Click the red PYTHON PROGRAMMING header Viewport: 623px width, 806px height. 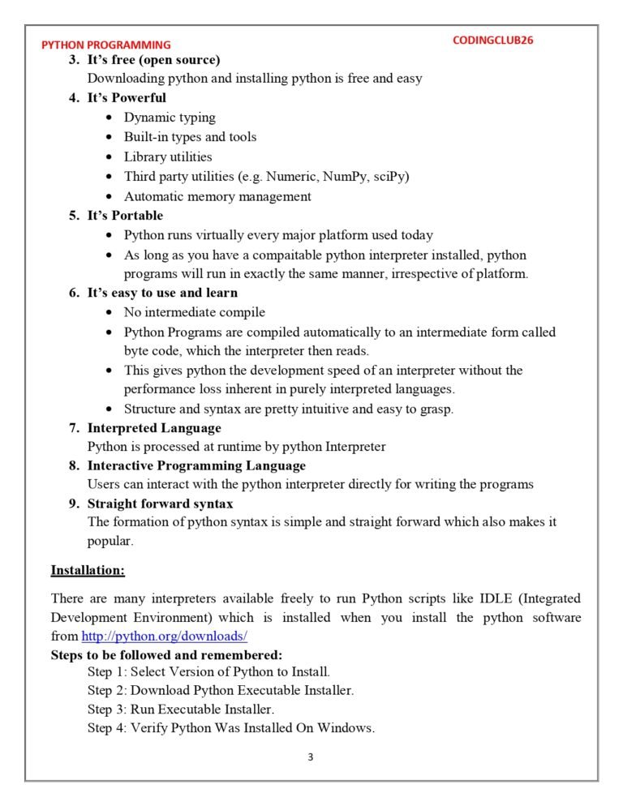(x=106, y=45)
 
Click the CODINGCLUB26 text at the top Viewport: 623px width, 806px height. (x=493, y=40)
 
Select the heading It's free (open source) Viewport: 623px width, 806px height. (x=153, y=60)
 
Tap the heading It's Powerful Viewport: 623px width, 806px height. (x=127, y=98)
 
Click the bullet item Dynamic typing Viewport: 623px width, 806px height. (x=170, y=118)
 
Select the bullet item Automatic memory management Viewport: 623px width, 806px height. (x=217, y=196)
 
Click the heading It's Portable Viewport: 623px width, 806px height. (x=125, y=216)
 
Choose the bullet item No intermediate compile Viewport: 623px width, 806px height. (x=195, y=312)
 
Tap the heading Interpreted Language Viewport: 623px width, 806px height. (x=154, y=427)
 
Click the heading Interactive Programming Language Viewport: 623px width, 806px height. (x=196, y=465)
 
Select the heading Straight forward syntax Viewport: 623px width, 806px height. (x=161, y=504)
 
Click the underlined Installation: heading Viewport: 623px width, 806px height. (x=88, y=570)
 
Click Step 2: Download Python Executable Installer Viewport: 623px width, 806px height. (x=221, y=690)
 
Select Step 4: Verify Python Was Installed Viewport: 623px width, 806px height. (x=230, y=727)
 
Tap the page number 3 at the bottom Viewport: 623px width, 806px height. (x=311, y=757)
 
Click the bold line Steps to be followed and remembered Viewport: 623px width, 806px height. (x=166, y=654)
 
